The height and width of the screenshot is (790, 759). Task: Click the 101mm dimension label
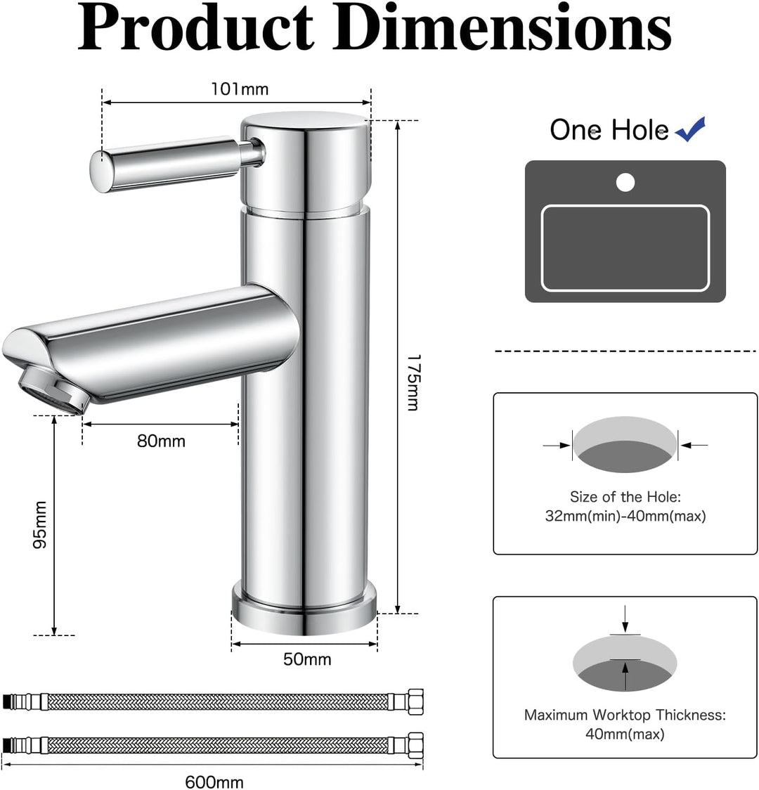240,89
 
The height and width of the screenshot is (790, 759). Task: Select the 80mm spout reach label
161,441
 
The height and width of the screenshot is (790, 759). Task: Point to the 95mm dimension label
40,525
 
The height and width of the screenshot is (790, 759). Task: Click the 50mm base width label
307,659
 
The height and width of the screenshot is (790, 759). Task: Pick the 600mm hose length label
214,782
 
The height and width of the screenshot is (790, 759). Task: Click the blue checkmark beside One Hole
690,129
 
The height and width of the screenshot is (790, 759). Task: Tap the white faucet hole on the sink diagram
625,183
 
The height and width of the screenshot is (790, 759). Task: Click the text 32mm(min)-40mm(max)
625,516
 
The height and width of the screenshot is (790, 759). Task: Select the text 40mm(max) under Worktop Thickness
625,734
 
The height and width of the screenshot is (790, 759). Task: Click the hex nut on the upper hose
415,701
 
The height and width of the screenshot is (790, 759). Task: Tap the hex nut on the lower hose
415,744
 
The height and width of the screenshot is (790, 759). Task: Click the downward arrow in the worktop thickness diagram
625,621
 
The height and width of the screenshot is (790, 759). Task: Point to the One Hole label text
609,130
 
